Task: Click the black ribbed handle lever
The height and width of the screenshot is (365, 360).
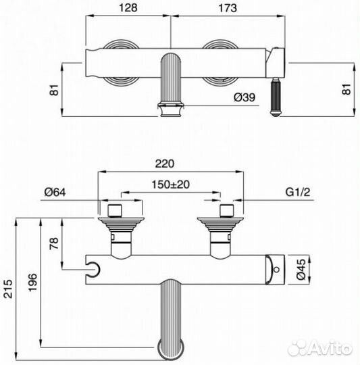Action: (x=276, y=97)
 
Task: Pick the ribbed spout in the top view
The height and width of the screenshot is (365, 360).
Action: (x=170, y=85)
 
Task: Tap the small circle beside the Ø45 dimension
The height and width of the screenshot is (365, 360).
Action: (x=275, y=272)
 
